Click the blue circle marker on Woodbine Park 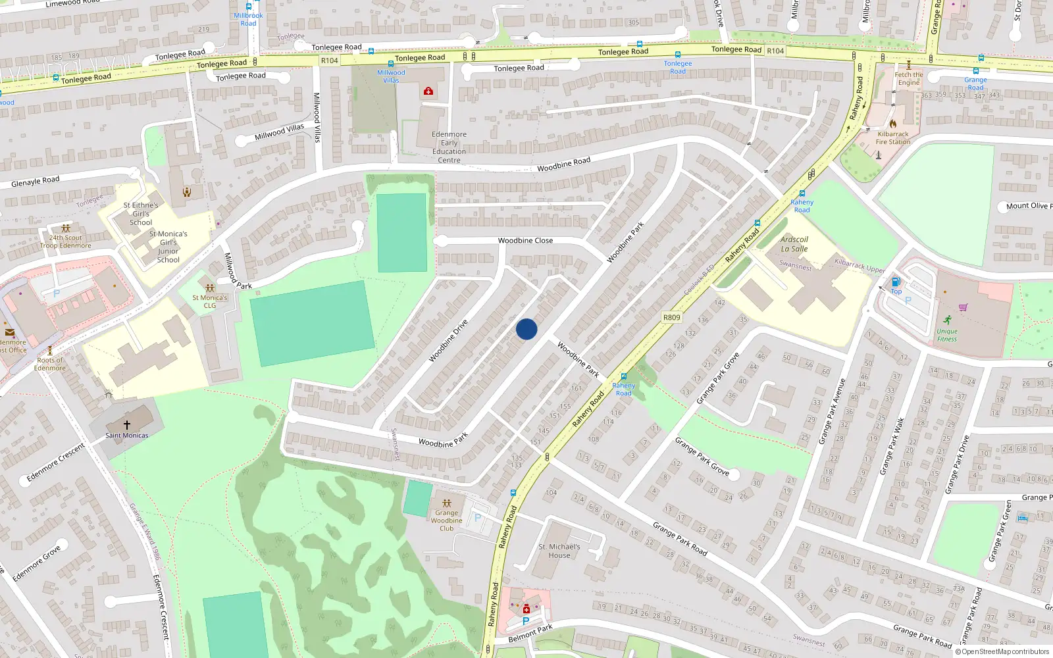coord(526,329)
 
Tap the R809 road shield coord(671,317)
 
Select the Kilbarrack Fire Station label coord(893,138)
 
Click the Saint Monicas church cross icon coord(127,425)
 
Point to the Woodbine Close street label coord(525,241)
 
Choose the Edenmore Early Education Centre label coord(449,147)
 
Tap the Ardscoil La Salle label coord(794,244)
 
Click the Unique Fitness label coord(947,335)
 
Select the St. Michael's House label coord(559,551)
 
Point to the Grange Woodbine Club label coord(446,520)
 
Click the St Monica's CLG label coord(209,301)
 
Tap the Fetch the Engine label coord(909,78)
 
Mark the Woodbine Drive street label coord(448,341)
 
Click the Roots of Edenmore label coord(50,364)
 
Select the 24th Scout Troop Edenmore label coord(66,241)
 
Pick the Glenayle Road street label coord(36,181)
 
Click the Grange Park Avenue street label coord(833,411)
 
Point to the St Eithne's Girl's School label coord(141,214)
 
